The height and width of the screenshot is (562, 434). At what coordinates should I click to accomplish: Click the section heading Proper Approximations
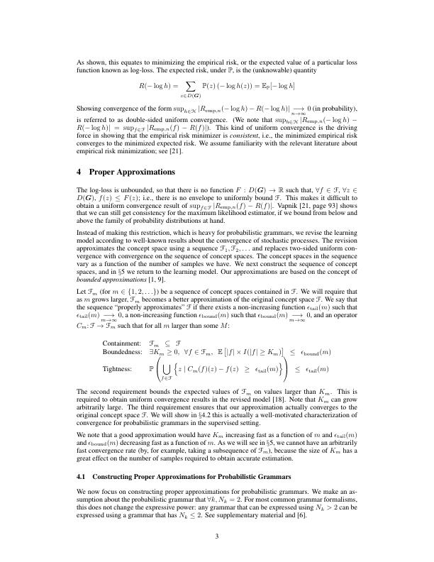pyautogui.click(x=130, y=172)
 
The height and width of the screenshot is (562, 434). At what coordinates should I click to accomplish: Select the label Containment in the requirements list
pyautogui.click(x=121, y=342)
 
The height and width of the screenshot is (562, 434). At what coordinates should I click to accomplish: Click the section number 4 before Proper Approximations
pyautogui.click(x=80, y=172)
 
